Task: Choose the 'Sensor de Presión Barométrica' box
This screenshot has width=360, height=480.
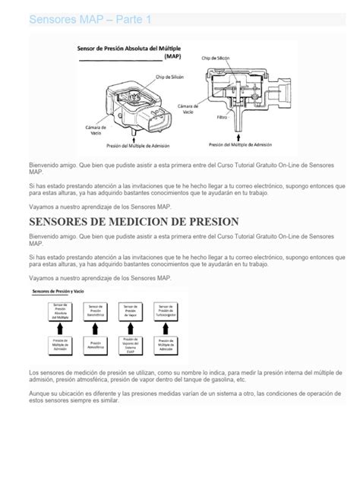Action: (96, 310)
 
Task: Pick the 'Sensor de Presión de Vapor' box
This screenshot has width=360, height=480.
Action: (129, 310)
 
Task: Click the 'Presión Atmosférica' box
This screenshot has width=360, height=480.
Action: (96, 345)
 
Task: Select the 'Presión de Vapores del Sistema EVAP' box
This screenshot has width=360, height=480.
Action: (129, 345)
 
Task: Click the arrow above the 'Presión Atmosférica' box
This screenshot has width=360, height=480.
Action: (96, 327)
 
